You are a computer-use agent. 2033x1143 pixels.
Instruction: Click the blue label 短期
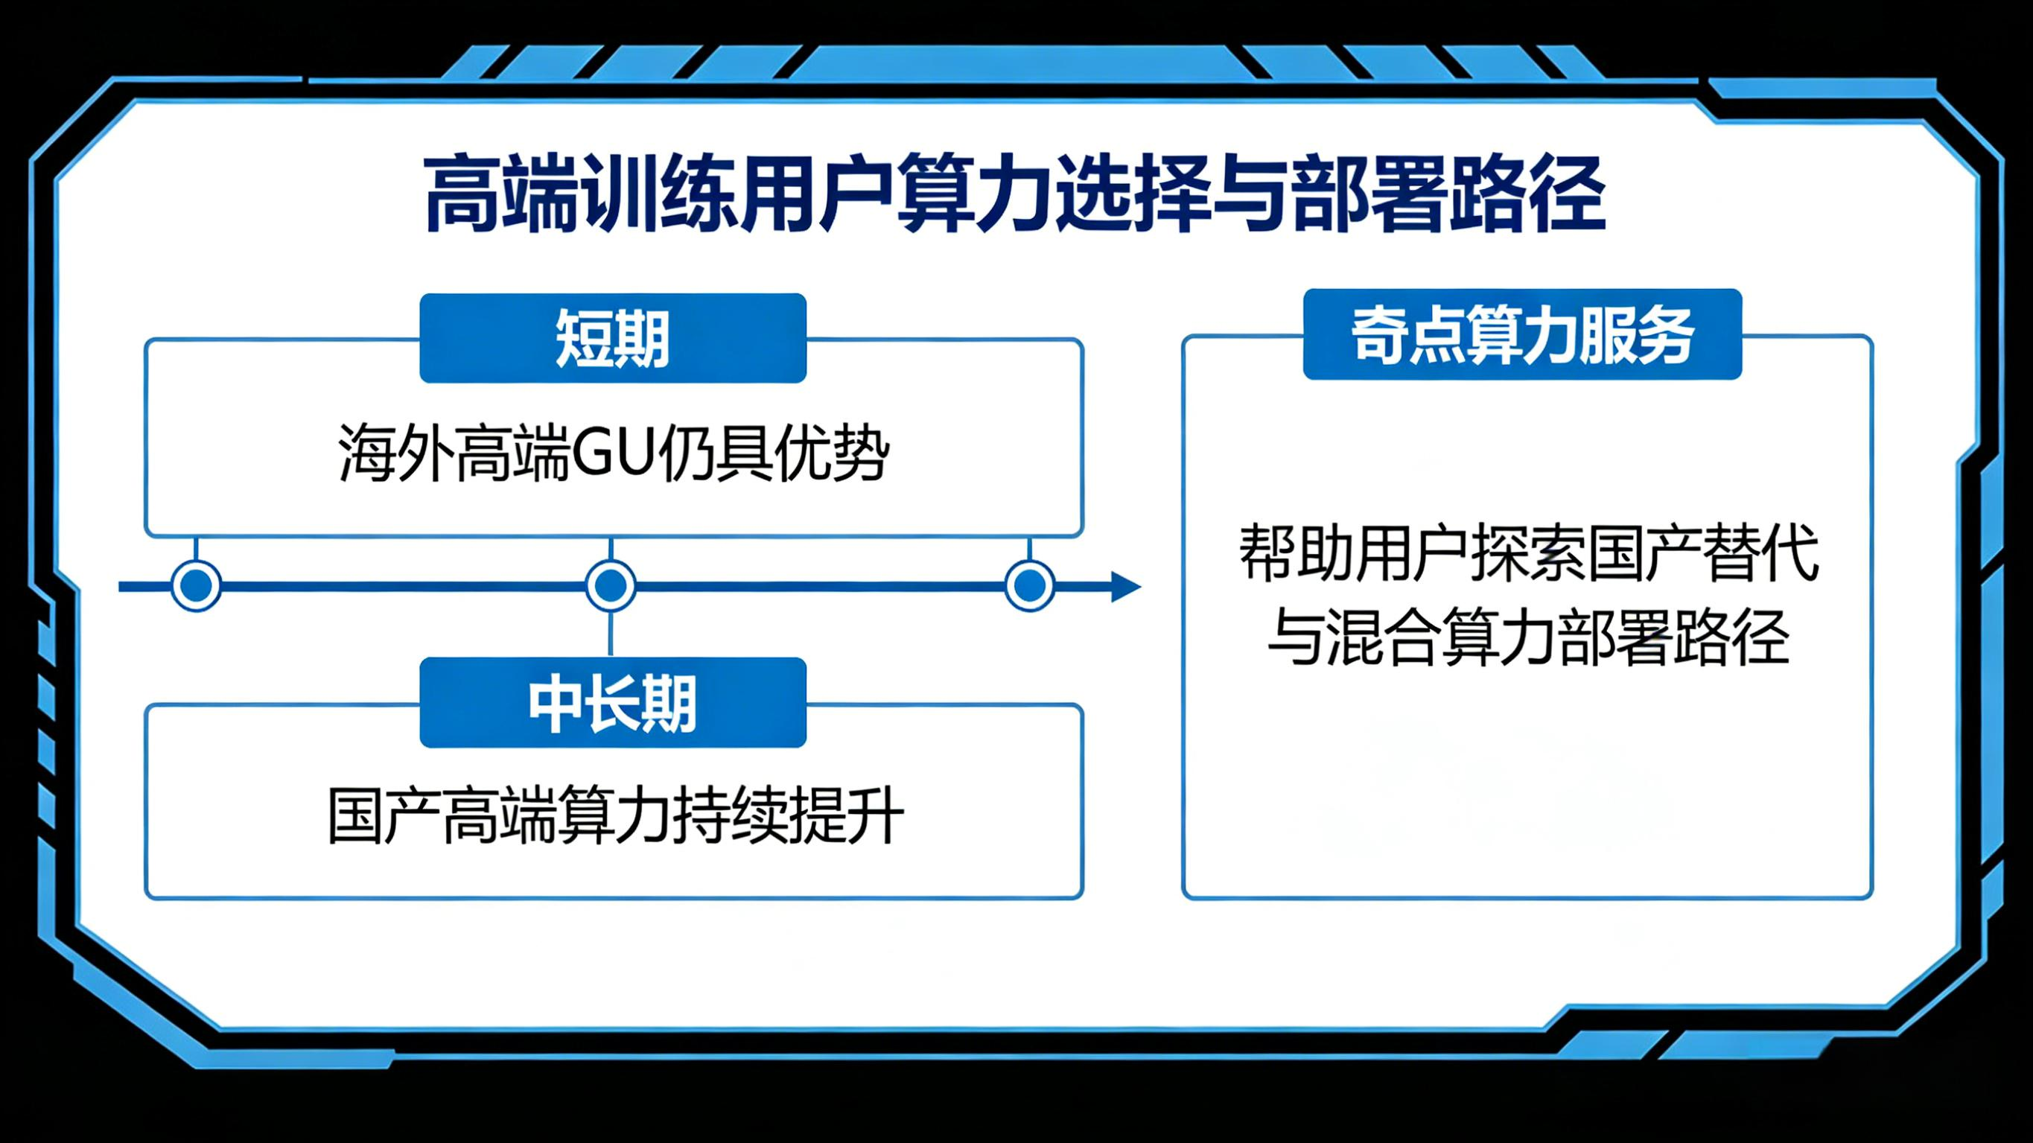pyautogui.click(x=612, y=338)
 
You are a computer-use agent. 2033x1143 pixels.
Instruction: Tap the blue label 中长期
pyautogui.click(x=612, y=702)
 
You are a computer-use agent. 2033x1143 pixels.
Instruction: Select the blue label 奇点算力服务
pyautogui.click(x=1521, y=334)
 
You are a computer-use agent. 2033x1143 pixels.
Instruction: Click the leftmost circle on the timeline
pyautogui.click(x=196, y=586)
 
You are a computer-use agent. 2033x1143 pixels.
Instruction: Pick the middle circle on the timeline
pyautogui.click(x=610, y=586)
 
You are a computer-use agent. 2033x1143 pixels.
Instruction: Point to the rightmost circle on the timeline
pyautogui.click(x=1029, y=586)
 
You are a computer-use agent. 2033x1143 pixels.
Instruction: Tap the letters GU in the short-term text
pyautogui.click(x=611, y=455)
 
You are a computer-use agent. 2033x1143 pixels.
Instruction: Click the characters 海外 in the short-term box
pyautogui.click(x=395, y=455)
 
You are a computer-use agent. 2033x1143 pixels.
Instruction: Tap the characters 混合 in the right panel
pyautogui.click(x=1381, y=638)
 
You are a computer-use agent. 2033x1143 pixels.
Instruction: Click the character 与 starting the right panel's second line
pyautogui.click(x=1294, y=638)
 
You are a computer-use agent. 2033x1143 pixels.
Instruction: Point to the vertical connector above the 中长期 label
pyautogui.click(x=611, y=633)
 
